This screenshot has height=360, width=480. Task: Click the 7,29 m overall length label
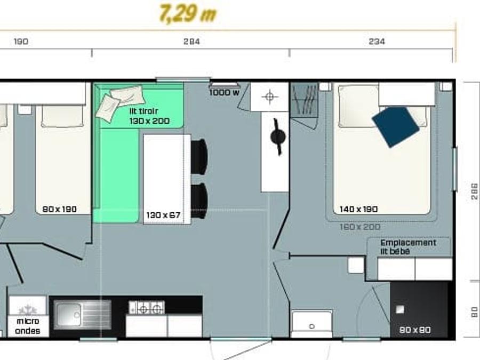[x=188, y=13]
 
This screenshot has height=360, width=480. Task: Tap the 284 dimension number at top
[x=191, y=41]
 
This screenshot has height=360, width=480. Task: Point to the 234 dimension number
[x=377, y=41]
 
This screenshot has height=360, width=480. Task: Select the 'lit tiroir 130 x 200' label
[x=149, y=116]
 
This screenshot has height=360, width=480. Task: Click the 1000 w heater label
[x=225, y=92]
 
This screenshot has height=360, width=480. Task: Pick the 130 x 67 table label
[x=163, y=215]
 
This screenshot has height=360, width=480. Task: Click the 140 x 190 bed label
[x=358, y=209]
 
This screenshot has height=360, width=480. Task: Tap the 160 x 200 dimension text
[x=360, y=227]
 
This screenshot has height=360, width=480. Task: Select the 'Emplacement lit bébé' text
[x=408, y=247]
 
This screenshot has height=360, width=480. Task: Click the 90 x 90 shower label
[x=415, y=330]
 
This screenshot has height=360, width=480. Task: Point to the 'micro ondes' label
[x=28, y=326]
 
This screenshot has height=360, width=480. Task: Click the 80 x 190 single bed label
[x=59, y=209]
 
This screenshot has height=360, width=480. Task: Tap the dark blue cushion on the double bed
[x=395, y=127]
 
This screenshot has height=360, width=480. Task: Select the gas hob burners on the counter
[x=147, y=308]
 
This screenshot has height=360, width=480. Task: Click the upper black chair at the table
[x=199, y=157]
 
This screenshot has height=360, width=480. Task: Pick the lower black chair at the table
[x=199, y=201]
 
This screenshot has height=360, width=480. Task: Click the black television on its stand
[x=278, y=137]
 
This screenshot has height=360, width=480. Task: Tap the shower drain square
[x=400, y=309]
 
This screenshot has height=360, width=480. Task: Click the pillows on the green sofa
[x=120, y=102]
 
